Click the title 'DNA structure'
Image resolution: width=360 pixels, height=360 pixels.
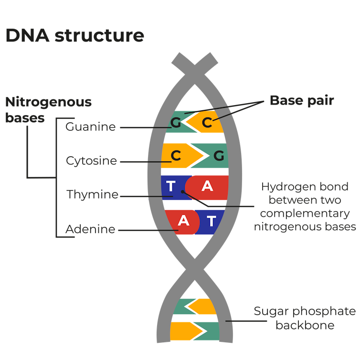[74, 36]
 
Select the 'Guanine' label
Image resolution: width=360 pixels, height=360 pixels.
[91, 127]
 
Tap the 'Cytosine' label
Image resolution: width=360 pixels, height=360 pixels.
[91, 161]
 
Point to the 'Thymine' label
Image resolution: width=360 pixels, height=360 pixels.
[92, 195]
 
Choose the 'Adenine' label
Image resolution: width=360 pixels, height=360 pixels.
[90, 229]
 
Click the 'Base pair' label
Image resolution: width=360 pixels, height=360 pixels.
[301, 101]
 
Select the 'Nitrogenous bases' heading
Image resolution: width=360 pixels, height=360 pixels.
[48, 109]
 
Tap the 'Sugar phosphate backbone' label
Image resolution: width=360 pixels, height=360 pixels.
[304, 318]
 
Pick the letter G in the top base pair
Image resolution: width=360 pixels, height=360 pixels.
[176, 123]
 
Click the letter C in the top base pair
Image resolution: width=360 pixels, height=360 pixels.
[206, 123]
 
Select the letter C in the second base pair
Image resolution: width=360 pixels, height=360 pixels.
[176, 156]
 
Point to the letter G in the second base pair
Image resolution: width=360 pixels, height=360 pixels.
[219, 156]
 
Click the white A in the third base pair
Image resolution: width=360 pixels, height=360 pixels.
[207, 186]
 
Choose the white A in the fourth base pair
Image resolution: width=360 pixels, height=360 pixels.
[183, 221]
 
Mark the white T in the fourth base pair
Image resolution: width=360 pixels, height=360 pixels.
[212, 221]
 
